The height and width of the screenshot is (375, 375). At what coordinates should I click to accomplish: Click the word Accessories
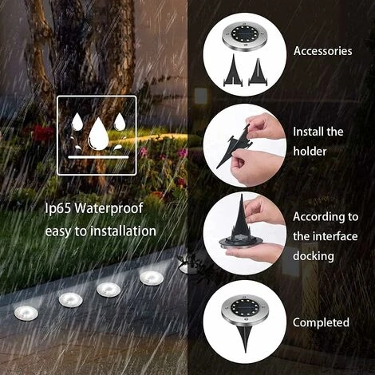click(322, 51)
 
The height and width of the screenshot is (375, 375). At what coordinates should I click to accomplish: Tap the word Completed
click(321, 322)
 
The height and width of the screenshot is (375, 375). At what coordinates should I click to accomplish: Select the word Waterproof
click(109, 207)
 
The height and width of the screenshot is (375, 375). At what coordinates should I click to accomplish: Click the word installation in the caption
click(123, 231)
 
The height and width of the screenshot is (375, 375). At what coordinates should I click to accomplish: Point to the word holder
click(310, 151)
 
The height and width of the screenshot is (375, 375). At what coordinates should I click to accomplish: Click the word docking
click(314, 255)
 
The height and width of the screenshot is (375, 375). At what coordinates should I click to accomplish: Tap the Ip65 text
click(58, 208)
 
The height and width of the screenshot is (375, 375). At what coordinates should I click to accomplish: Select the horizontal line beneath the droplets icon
click(98, 157)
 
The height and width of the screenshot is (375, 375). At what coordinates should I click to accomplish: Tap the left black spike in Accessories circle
click(233, 70)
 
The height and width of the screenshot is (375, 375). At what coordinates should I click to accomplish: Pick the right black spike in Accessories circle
click(259, 72)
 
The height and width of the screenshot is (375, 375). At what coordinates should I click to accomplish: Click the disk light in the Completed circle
click(243, 309)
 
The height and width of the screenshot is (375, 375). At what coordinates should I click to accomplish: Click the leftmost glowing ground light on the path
click(26, 313)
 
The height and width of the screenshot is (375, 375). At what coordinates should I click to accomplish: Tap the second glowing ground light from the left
click(70, 300)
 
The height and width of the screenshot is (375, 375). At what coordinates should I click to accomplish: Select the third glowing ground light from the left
click(109, 290)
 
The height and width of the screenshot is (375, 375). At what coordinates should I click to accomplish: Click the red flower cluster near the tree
click(42, 132)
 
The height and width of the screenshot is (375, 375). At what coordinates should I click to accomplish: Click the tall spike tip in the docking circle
click(242, 195)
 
